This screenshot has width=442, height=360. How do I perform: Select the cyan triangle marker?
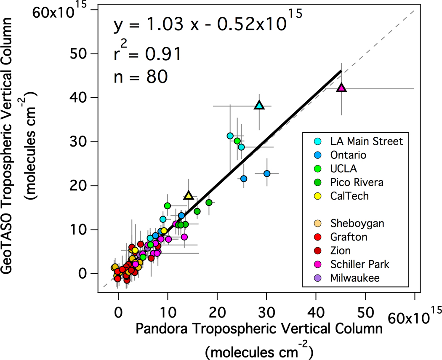click(x=259, y=105)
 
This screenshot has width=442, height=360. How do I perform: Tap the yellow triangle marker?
click(x=189, y=195)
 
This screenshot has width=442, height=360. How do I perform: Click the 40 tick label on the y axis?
click(x=78, y=98)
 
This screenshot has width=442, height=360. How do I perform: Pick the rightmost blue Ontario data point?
click(x=266, y=173)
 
